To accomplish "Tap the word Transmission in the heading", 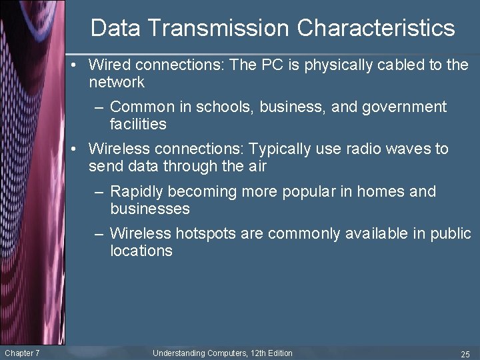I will tap(217, 28).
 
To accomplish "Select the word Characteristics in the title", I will tap(376, 28).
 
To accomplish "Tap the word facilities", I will tap(138, 124).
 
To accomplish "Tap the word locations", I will tap(141, 251).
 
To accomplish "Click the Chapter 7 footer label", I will tap(22, 353).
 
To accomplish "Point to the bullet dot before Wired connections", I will tap(78, 65).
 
